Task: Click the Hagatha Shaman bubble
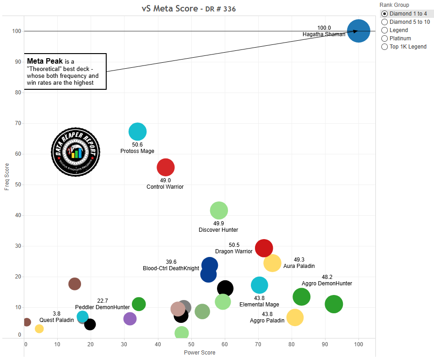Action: pos(358,31)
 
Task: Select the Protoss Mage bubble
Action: pos(137,132)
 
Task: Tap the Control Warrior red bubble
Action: pos(166,168)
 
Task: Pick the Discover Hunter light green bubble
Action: pos(219,211)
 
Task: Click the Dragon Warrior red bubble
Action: pos(264,248)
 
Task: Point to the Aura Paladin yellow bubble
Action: pos(272,263)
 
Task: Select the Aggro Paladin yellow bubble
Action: pos(295,317)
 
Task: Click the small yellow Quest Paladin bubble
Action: pos(39,328)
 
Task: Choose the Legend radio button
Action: pos(385,30)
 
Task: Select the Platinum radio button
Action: pos(385,38)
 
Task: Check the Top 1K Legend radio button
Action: pos(385,47)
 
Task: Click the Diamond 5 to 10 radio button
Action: pos(385,22)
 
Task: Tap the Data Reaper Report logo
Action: pos(75,152)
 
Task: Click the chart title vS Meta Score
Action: pos(169,9)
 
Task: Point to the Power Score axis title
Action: pos(200,353)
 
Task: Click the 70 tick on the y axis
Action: pos(18,123)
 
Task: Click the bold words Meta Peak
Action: pos(45,61)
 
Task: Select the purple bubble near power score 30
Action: pos(130,319)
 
